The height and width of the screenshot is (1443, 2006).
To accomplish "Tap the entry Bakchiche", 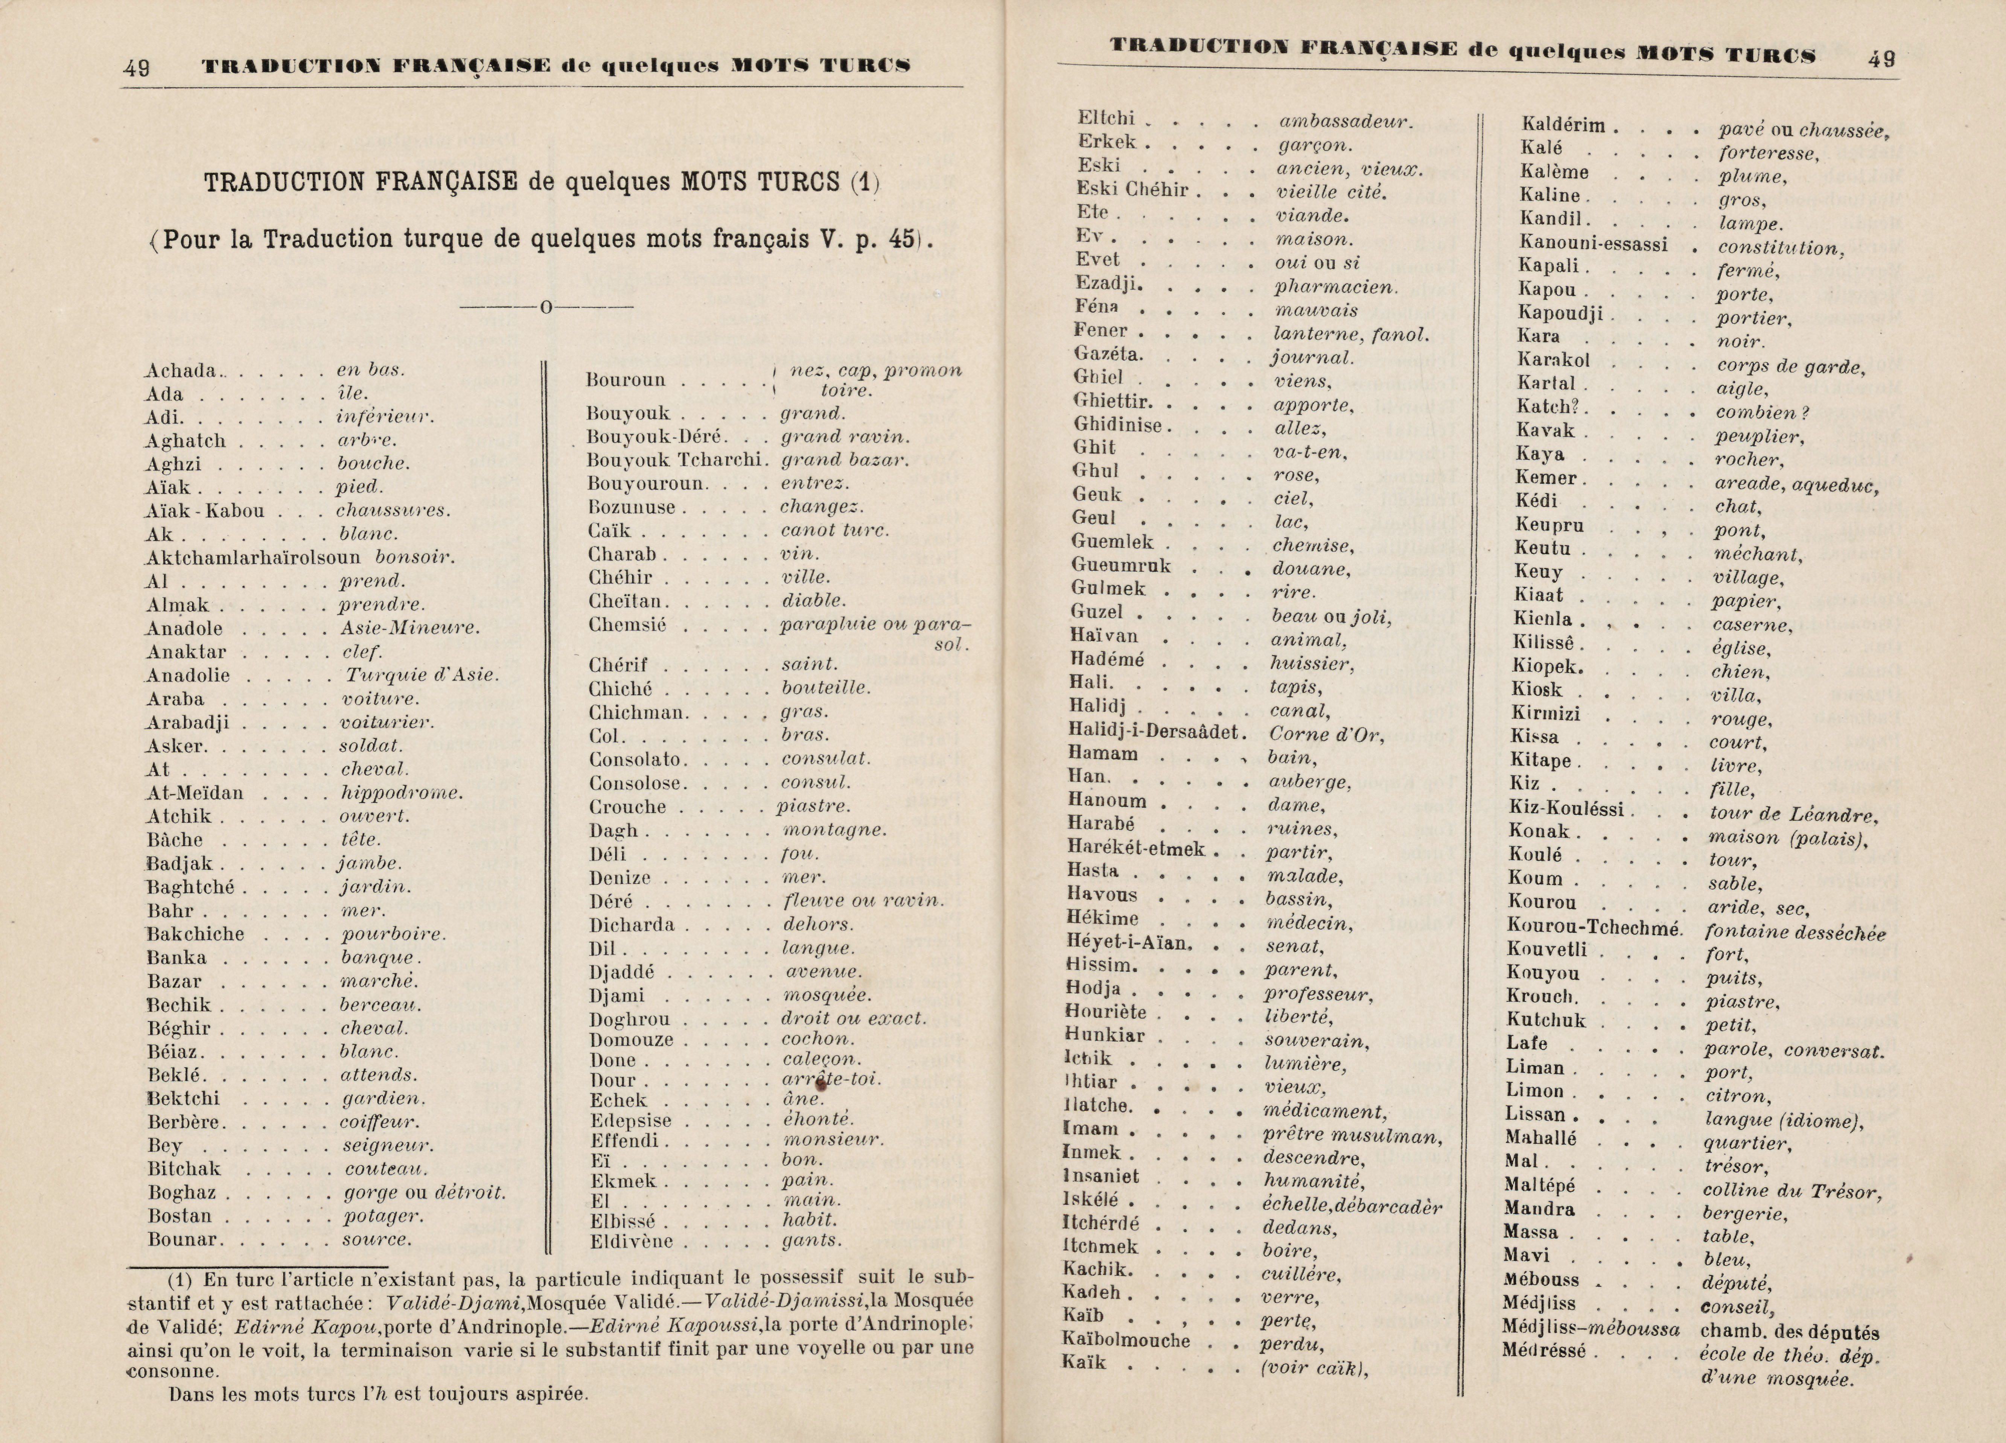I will (195, 934).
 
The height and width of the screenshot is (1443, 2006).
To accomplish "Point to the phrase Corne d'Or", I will (1327, 734).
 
